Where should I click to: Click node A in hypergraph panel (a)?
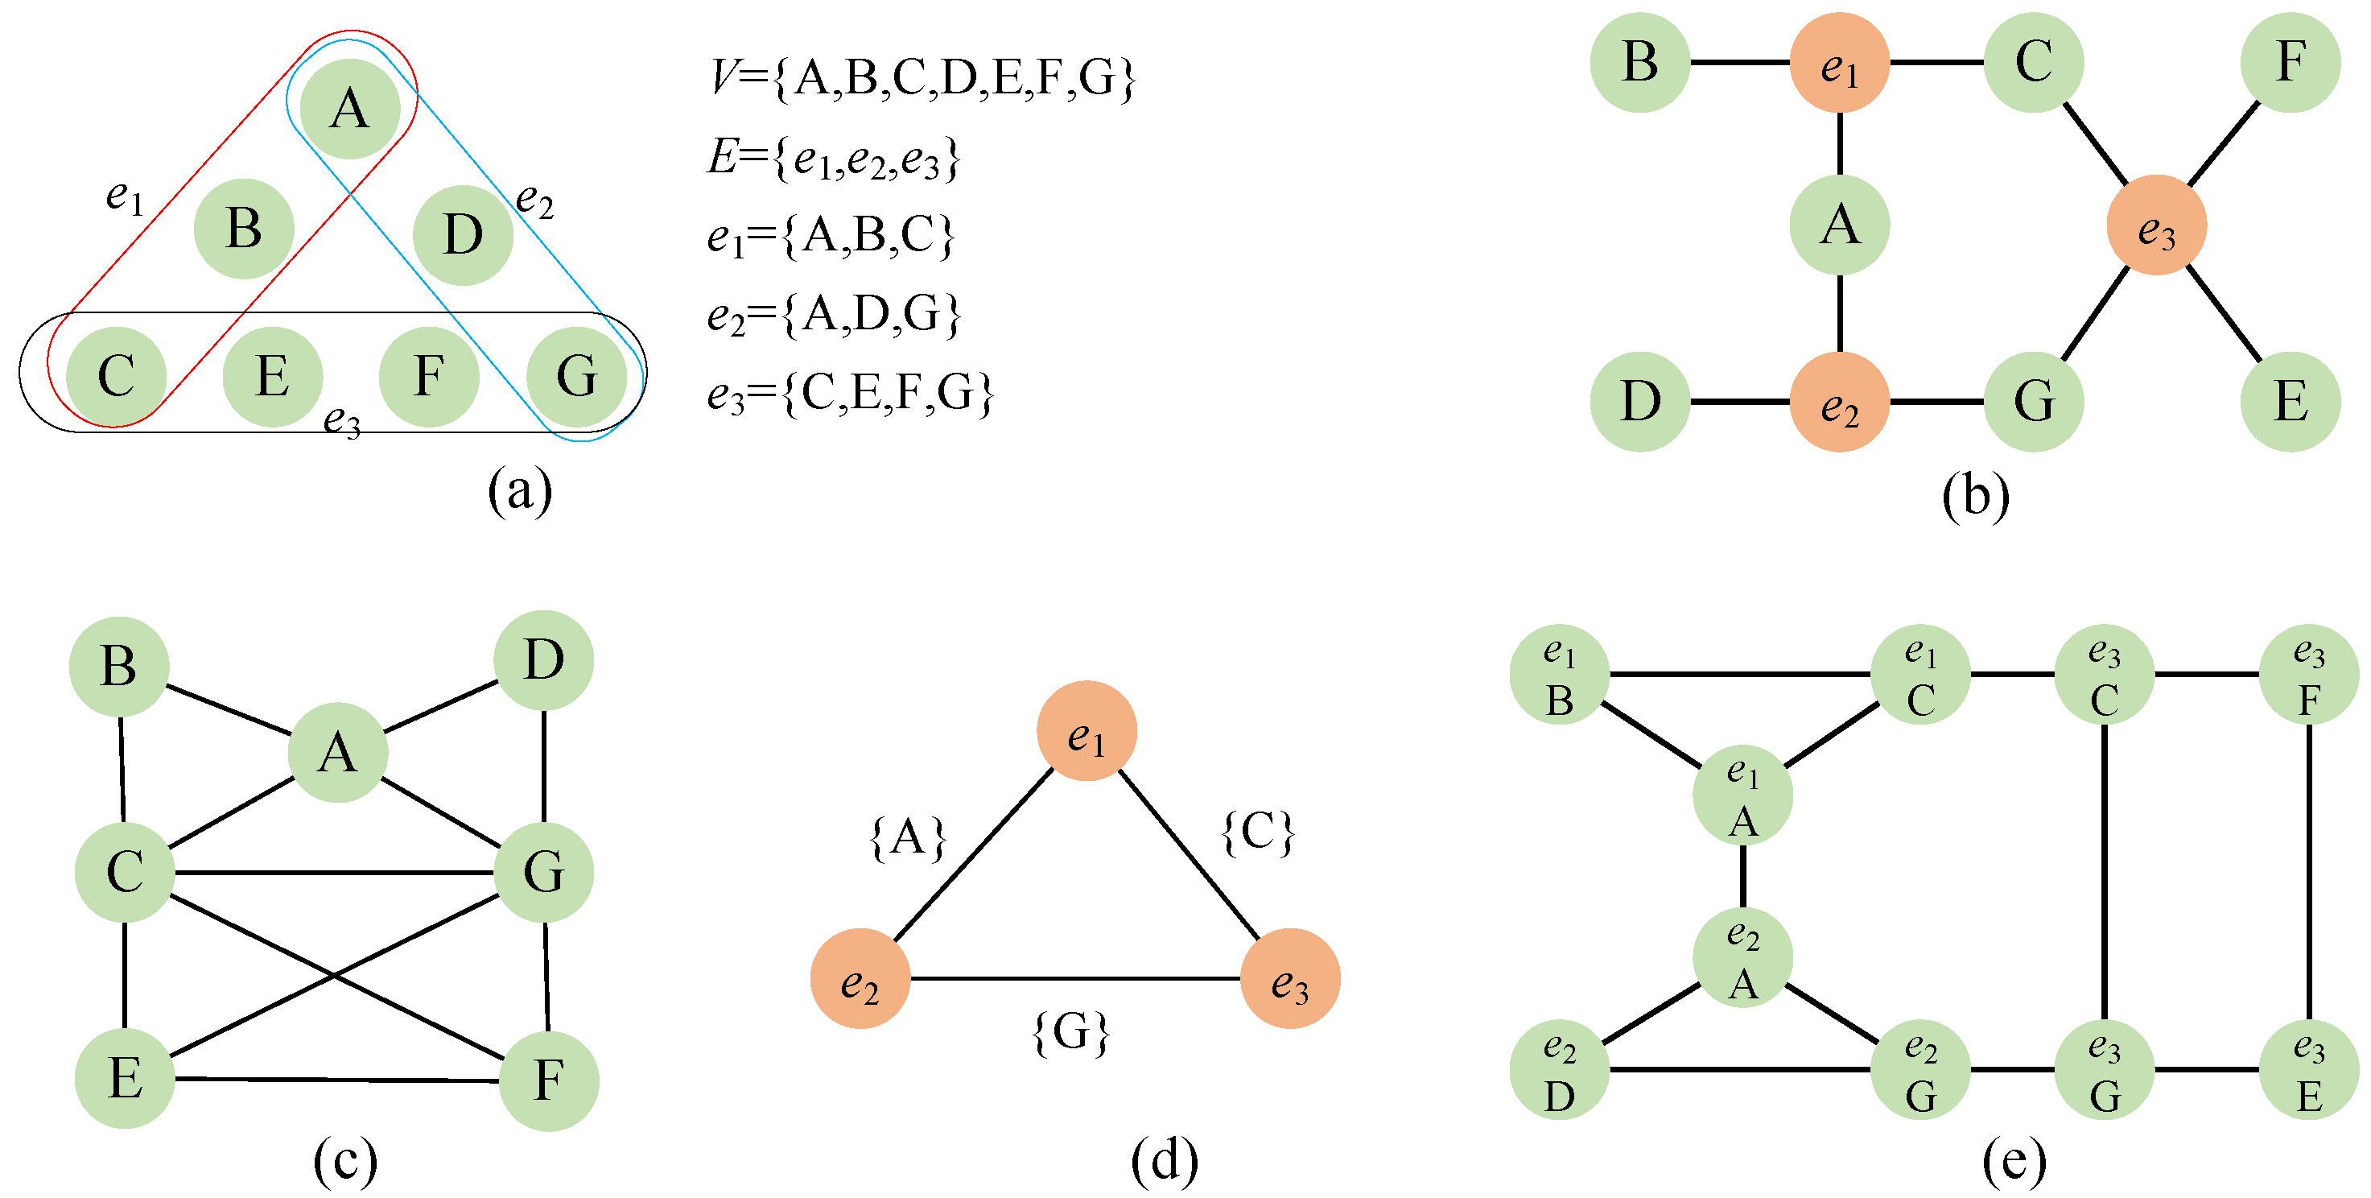click(x=350, y=109)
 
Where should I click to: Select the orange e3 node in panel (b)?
click(x=2155, y=225)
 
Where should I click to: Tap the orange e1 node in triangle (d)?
click(x=1086, y=731)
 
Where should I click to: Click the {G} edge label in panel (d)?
click(x=1071, y=1032)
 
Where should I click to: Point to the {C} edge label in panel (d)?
click(x=1257, y=833)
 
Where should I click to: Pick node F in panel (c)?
click(x=549, y=1080)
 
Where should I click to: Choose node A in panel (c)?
click(x=338, y=752)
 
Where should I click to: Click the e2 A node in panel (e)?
click(x=1742, y=957)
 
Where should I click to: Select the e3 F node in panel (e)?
click(x=2308, y=675)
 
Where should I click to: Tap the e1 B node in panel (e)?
click(x=1559, y=675)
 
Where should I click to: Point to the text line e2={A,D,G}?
click(x=834, y=315)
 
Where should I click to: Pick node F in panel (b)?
click(x=2290, y=63)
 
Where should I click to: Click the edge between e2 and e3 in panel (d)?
click(x=1075, y=978)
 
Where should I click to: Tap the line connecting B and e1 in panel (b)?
click(x=1739, y=63)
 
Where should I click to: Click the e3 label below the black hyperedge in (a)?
click(x=341, y=421)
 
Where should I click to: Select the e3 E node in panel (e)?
click(x=2308, y=1070)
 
